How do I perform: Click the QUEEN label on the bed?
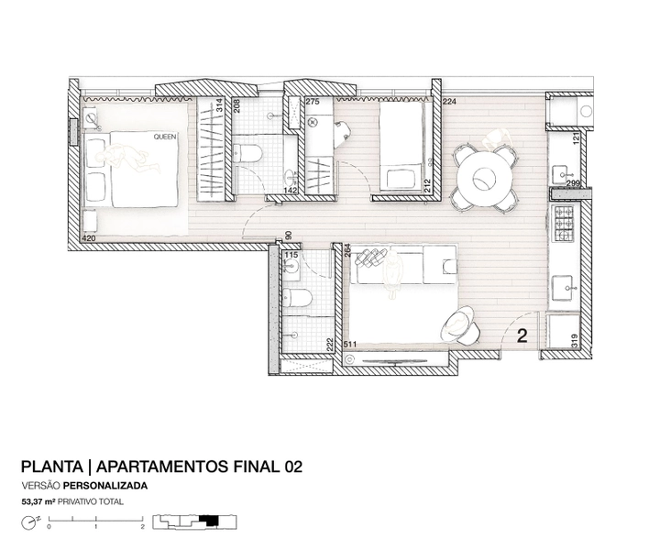pos(165,137)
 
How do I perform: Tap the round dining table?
pos(484,180)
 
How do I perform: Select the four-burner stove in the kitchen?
pos(564,224)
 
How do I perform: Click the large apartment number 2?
pos(522,335)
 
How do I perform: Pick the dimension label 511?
pos(350,345)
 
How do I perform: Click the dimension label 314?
pos(219,104)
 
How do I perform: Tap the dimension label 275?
pos(312,102)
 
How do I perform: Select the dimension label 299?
pos(573,183)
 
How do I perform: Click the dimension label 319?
pos(575,340)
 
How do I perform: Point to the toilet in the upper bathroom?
pos(247,153)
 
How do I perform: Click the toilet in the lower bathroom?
pos(297,298)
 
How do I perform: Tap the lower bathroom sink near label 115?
pos(291,266)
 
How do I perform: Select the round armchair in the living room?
pos(460,324)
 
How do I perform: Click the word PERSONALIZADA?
pos(105,486)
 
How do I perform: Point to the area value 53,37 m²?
pos(38,501)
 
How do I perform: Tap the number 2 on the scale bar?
pos(143,526)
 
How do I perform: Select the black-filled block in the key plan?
pos(209,520)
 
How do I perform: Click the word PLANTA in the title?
pos(51,467)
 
